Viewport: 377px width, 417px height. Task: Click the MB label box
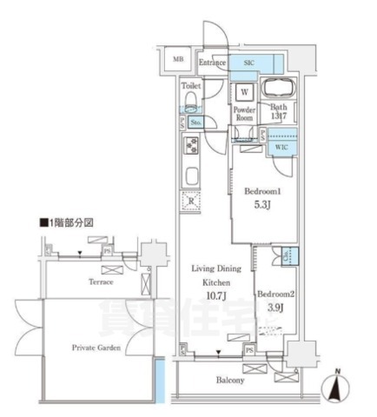(x=178, y=59)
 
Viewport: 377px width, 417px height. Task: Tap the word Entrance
(x=212, y=63)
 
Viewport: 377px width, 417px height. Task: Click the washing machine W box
(x=244, y=92)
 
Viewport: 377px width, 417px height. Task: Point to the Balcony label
(x=230, y=381)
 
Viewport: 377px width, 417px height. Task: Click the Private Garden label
(x=96, y=346)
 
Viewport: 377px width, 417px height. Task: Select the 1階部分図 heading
(x=66, y=223)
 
